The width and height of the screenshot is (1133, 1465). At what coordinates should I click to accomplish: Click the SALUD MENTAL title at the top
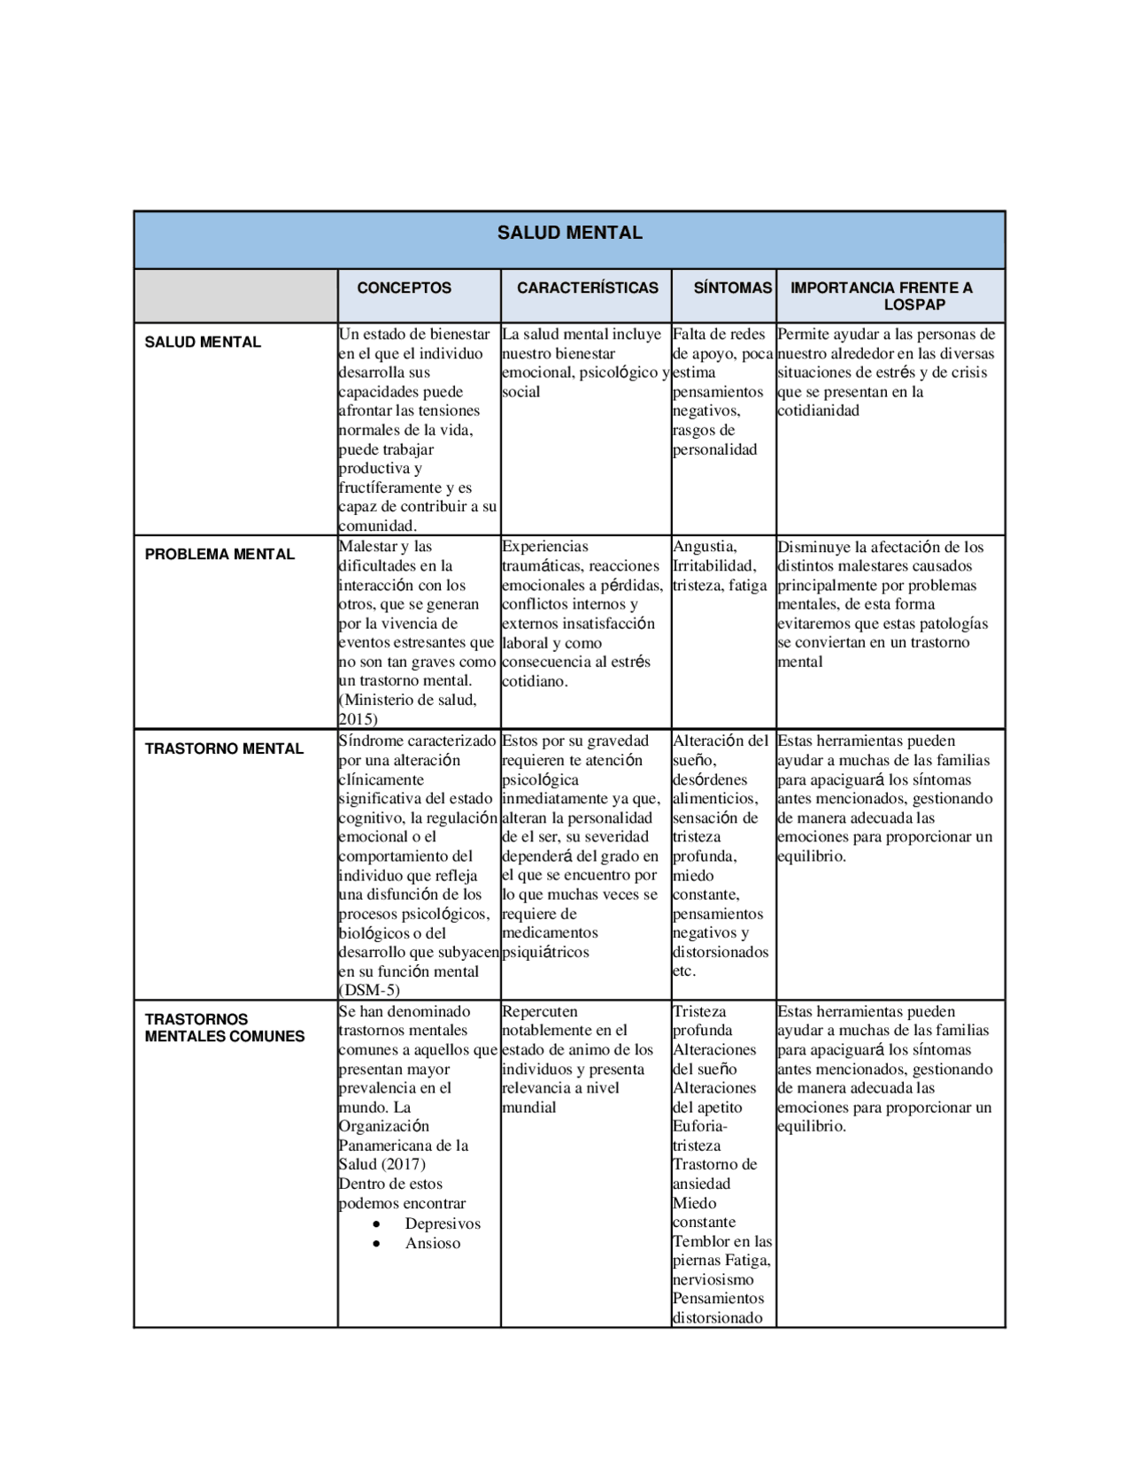coord(569,233)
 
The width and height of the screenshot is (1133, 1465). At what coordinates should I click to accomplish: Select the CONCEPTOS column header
coord(404,288)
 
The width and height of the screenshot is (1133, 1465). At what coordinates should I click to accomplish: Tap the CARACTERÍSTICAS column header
coord(587,288)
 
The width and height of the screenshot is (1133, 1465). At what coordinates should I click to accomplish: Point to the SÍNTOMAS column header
coord(732,288)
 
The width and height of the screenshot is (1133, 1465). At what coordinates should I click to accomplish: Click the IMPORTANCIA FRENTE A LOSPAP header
coord(885,295)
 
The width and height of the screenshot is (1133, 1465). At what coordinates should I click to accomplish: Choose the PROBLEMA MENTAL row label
coord(220,555)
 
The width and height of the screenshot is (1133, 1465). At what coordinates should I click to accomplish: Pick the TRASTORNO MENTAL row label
coord(224,748)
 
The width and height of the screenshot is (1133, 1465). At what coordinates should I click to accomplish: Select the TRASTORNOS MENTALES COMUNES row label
coord(224,1028)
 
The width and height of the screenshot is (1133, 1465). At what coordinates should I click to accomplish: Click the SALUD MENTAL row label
coord(203,342)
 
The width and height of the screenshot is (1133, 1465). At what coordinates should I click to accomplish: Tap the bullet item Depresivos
coord(443,1223)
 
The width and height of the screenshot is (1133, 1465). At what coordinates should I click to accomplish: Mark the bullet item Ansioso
coord(432,1243)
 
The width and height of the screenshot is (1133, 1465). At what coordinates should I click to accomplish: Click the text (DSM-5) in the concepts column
coord(369,990)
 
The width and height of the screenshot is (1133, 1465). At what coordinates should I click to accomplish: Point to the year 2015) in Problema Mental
coord(358,719)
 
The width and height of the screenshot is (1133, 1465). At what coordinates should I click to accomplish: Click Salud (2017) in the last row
coord(382,1164)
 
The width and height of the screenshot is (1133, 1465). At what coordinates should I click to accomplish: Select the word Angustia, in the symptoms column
coord(705,547)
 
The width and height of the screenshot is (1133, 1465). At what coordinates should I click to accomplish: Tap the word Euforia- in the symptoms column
coord(699,1126)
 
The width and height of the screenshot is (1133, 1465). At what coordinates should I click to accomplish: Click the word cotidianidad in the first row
coord(818,410)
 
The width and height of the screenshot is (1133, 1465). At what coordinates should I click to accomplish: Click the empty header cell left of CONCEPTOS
coord(235,295)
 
